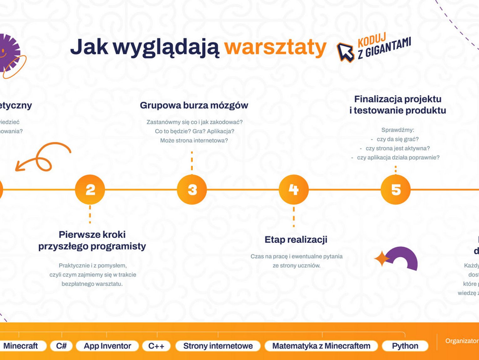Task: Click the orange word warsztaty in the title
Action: (276, 47)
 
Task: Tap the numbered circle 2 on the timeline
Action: (90, 190)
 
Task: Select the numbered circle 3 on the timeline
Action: (192, 190)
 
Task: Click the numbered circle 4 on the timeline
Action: (294, 190)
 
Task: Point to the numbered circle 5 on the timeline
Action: (396, 190)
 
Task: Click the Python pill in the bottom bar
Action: (405, 346)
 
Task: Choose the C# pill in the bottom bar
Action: (61, 346)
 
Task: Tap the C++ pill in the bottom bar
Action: (156, 346)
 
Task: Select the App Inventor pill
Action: (107, 346)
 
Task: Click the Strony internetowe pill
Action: (218, 346)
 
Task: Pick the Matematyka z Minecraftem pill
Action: (321, 346)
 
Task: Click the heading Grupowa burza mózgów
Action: (194, 105)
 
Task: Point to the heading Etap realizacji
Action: (296, 240)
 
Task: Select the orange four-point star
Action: (382, 259)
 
